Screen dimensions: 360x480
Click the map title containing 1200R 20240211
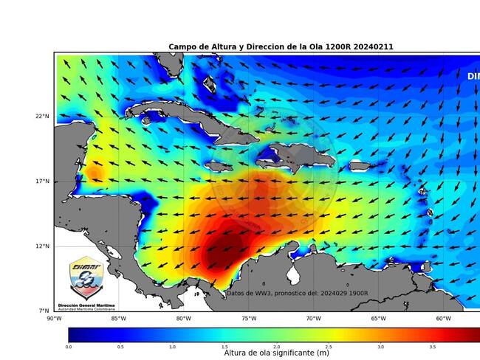pyautogui.click(x=281, y=47)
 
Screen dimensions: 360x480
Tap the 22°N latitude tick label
pyautogui.click(x=43, y=117)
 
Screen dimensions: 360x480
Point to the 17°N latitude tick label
pyautogui.click(x=43, y=181)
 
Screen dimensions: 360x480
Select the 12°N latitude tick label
pyautogui.click(x=43, y=246)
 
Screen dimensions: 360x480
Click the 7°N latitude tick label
pyautogui.click(x=44, y=311)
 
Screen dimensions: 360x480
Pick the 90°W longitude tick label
pyautogui.click(x=54, y=319)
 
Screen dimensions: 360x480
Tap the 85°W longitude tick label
pyautogui.click(x=118, y=319)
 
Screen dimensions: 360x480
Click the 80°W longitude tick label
pyautogui.click(x=184, y=319)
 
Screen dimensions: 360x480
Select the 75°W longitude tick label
pyautogui.click(x=249, y=319)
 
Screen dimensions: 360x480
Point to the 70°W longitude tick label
pyautogui.click(x=314, y=319)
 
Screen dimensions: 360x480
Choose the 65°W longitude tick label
pyautogui.click(x=379, y=319)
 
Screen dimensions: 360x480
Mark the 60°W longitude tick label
pyautogui.click(x=443, y=319)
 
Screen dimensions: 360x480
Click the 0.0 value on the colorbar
pyautogui.click(x=69, y=346)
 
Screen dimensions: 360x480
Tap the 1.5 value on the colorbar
pyautogui.click(x=224, y=346)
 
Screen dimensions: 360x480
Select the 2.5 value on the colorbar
pyautogui.click(x=329, y=346)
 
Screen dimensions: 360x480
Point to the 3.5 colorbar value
pyautogui.click(x=432, y=346)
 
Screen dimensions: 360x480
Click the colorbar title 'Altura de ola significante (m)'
pyautogui.click(x=275, y=353)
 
